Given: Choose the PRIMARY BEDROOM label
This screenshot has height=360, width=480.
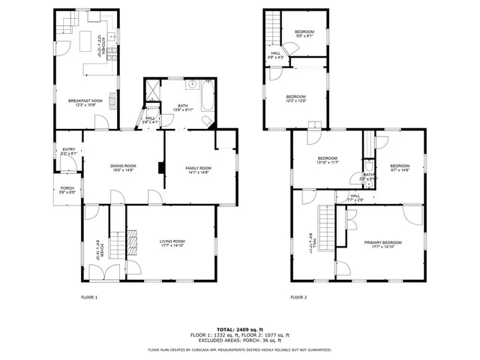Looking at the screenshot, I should (x=383, y=244).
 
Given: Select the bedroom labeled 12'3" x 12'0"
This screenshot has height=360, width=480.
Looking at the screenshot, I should (x=295, y=98).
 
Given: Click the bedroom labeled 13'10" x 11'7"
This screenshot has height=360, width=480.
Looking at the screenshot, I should (x=327, y=160).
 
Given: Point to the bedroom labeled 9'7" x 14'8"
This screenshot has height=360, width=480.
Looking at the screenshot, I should (x=400, y=168).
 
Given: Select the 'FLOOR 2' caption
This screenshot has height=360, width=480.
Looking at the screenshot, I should (x=298, y=298).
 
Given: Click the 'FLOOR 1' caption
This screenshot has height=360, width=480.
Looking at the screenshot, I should (x=89, y=298).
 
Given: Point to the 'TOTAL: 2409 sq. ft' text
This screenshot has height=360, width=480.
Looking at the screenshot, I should (x=240, y=329).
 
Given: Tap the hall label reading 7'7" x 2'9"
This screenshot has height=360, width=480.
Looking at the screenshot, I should (x=355, y=198).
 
